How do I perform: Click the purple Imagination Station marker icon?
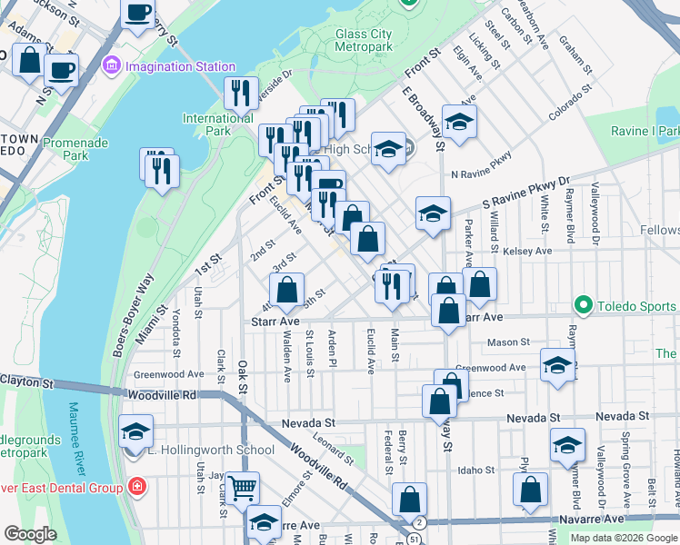pyautogui.click(x=113, y=65)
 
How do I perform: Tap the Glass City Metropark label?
pyautogui.click(x=364, y=40)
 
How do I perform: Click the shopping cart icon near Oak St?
pyautogui.click(x=242, y=488)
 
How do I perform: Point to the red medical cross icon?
pyautogui.click(x=137, y=488)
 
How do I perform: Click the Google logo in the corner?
pyautogui.click(x=30, y=534)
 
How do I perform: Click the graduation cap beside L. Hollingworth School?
pyautogui.click(x=135, y=431)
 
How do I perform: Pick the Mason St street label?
pyautogui.click(x=508, y=342)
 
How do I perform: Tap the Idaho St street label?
pyautogui.click(x=476, y=471)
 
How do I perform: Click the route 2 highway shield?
pyautogui.click(x=418, y=523)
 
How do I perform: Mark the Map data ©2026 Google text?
pyautogui.click(x=623, y=538)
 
